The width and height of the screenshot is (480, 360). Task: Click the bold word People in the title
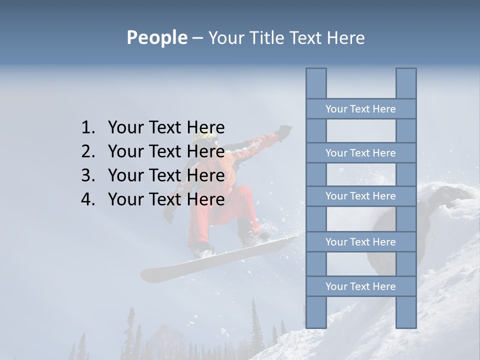tap(156, 37)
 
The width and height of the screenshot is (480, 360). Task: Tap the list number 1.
tap(88, 127)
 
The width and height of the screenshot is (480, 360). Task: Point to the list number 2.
tap(88, 151)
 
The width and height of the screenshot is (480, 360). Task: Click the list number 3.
tap(88, 175)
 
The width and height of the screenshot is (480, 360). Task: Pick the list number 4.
tap(88, 199)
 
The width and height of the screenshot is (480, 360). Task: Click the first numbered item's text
tap(166, 127)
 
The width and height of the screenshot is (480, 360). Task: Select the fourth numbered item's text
tap(166, 199)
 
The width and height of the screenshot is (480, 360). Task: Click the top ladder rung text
tap(360, 109)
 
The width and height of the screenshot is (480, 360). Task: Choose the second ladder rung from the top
tap(360, 153)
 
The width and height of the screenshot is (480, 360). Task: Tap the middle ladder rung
tap(360, 196)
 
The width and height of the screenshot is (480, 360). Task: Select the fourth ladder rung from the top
tap(360, 242)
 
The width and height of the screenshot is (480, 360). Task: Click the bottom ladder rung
tap(360, 286)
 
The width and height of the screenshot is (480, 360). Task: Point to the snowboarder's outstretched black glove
tap(285, 131)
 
